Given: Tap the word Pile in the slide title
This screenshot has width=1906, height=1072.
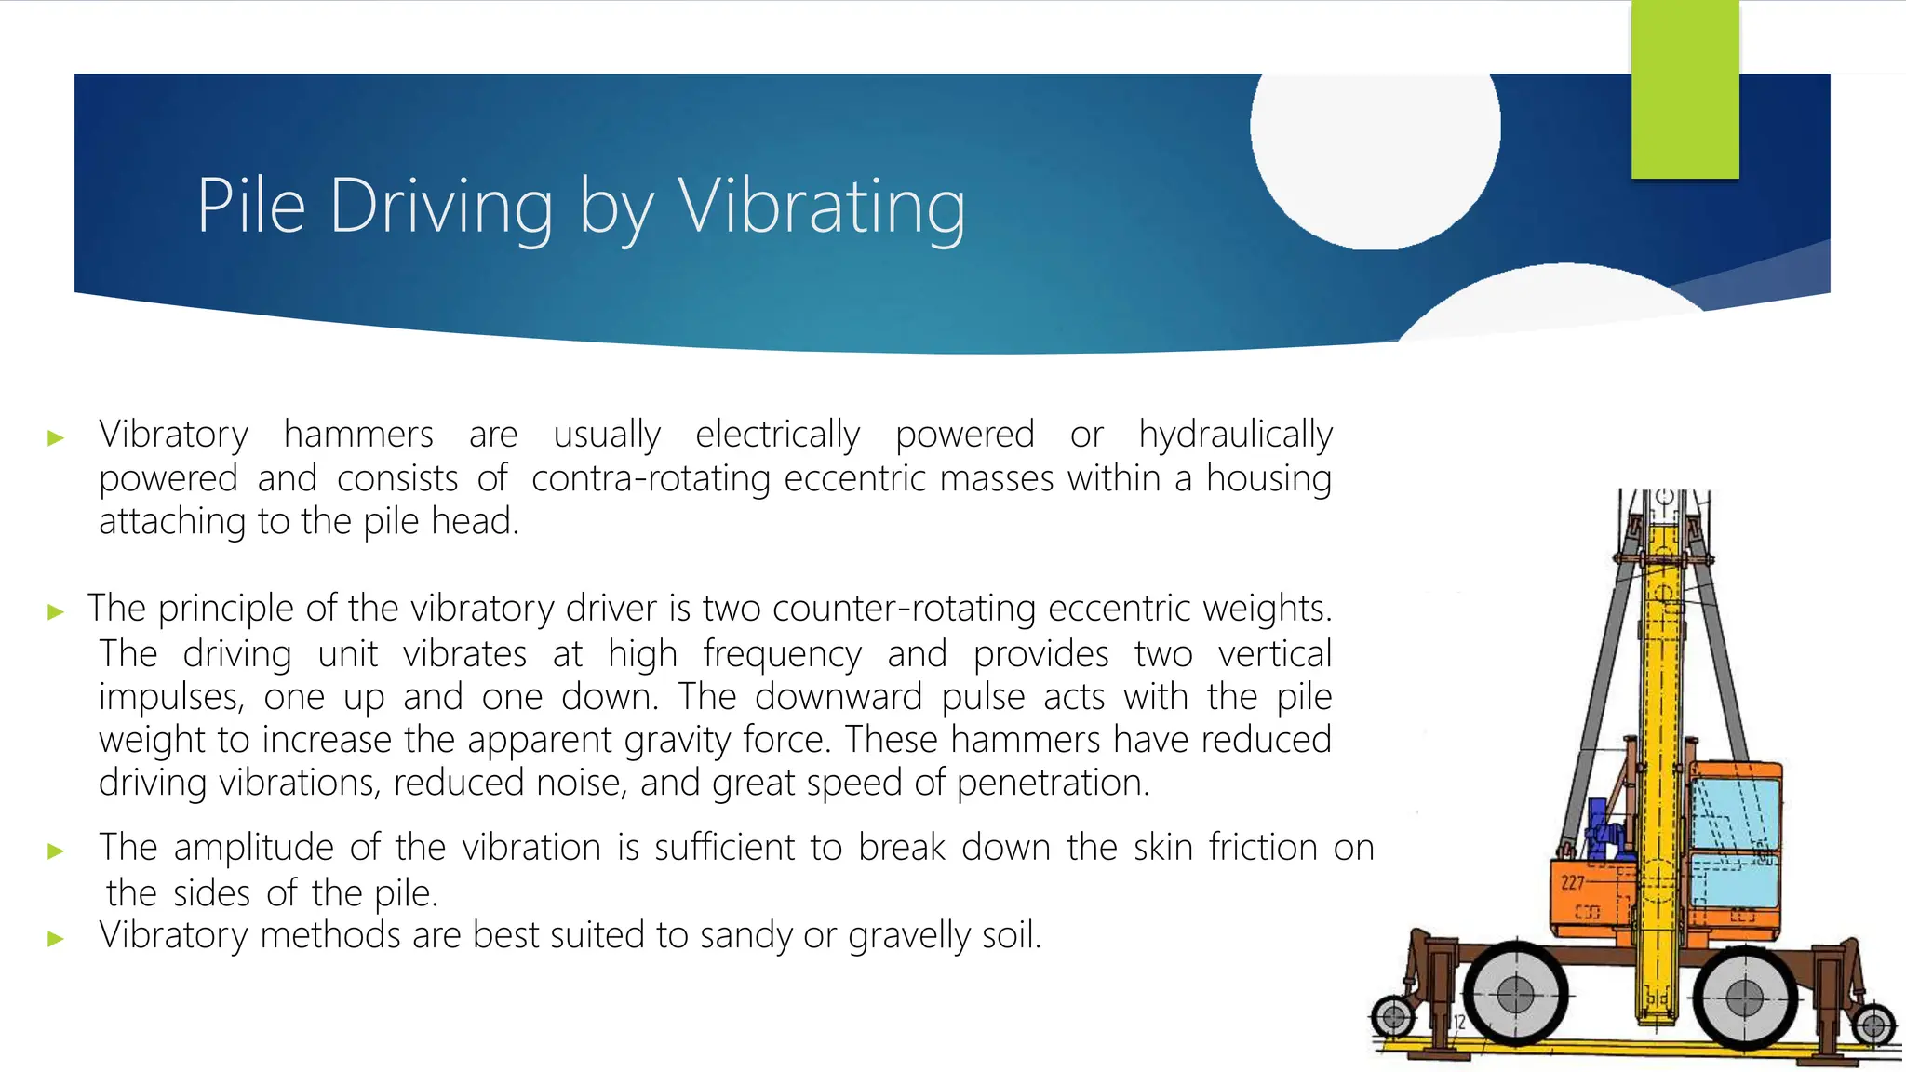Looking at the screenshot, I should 251,207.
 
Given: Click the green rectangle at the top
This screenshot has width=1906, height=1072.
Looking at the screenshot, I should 1685,89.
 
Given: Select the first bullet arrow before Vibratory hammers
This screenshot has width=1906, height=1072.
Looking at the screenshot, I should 56,437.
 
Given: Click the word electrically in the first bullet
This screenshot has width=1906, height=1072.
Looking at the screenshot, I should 778,435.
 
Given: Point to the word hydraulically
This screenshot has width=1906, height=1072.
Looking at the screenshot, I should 1236,435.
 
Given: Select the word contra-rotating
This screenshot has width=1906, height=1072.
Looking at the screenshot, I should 651,478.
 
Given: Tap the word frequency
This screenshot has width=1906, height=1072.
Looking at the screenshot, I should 782,654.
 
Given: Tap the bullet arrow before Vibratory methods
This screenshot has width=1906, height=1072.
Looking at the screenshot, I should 56,938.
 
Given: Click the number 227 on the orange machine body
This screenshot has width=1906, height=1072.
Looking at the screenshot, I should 1573,882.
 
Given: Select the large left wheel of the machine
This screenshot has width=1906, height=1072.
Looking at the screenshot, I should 1515,995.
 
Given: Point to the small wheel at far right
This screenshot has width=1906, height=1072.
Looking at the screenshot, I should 1873,1026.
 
